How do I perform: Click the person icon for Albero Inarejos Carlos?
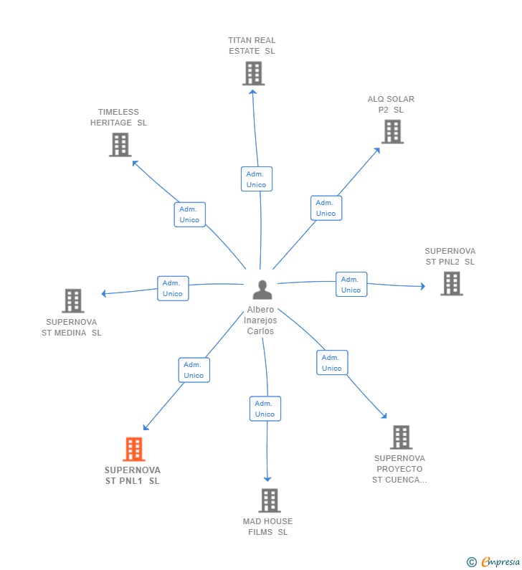click(x=262, y=290)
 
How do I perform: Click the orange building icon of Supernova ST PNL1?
click(x=133, y=450)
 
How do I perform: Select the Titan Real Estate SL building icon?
click(x=253, y=73)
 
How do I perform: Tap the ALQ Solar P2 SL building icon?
click(x=391, y=132)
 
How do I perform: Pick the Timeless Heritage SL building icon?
click(x=120, y=145)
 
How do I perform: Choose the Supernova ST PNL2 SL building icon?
click(x=451, y=283)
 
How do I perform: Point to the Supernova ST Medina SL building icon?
click(x=72, y=301)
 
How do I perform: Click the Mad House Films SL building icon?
click(x=269, y=500)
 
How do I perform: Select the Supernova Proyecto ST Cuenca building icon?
click(x=400, y=437)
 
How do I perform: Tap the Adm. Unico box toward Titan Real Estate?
click(x=256, y=179)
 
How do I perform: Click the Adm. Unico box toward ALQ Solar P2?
click(x=326, y=208)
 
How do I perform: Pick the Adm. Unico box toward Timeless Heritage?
click(x=190, y=214)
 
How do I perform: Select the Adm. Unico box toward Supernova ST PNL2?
click(x=351, y=285)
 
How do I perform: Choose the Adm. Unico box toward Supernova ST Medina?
click(x=173, y=288)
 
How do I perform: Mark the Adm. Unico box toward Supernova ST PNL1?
click(x=194, y=370)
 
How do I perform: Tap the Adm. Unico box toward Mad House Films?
click(x=265, y=409)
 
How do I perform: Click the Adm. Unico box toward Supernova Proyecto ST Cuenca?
click(x=332, y=363)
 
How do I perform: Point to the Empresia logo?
click(x=494, y=561)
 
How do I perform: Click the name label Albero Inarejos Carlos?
click(x=260, y=320)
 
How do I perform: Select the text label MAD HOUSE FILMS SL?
click(x=268, y=526)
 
